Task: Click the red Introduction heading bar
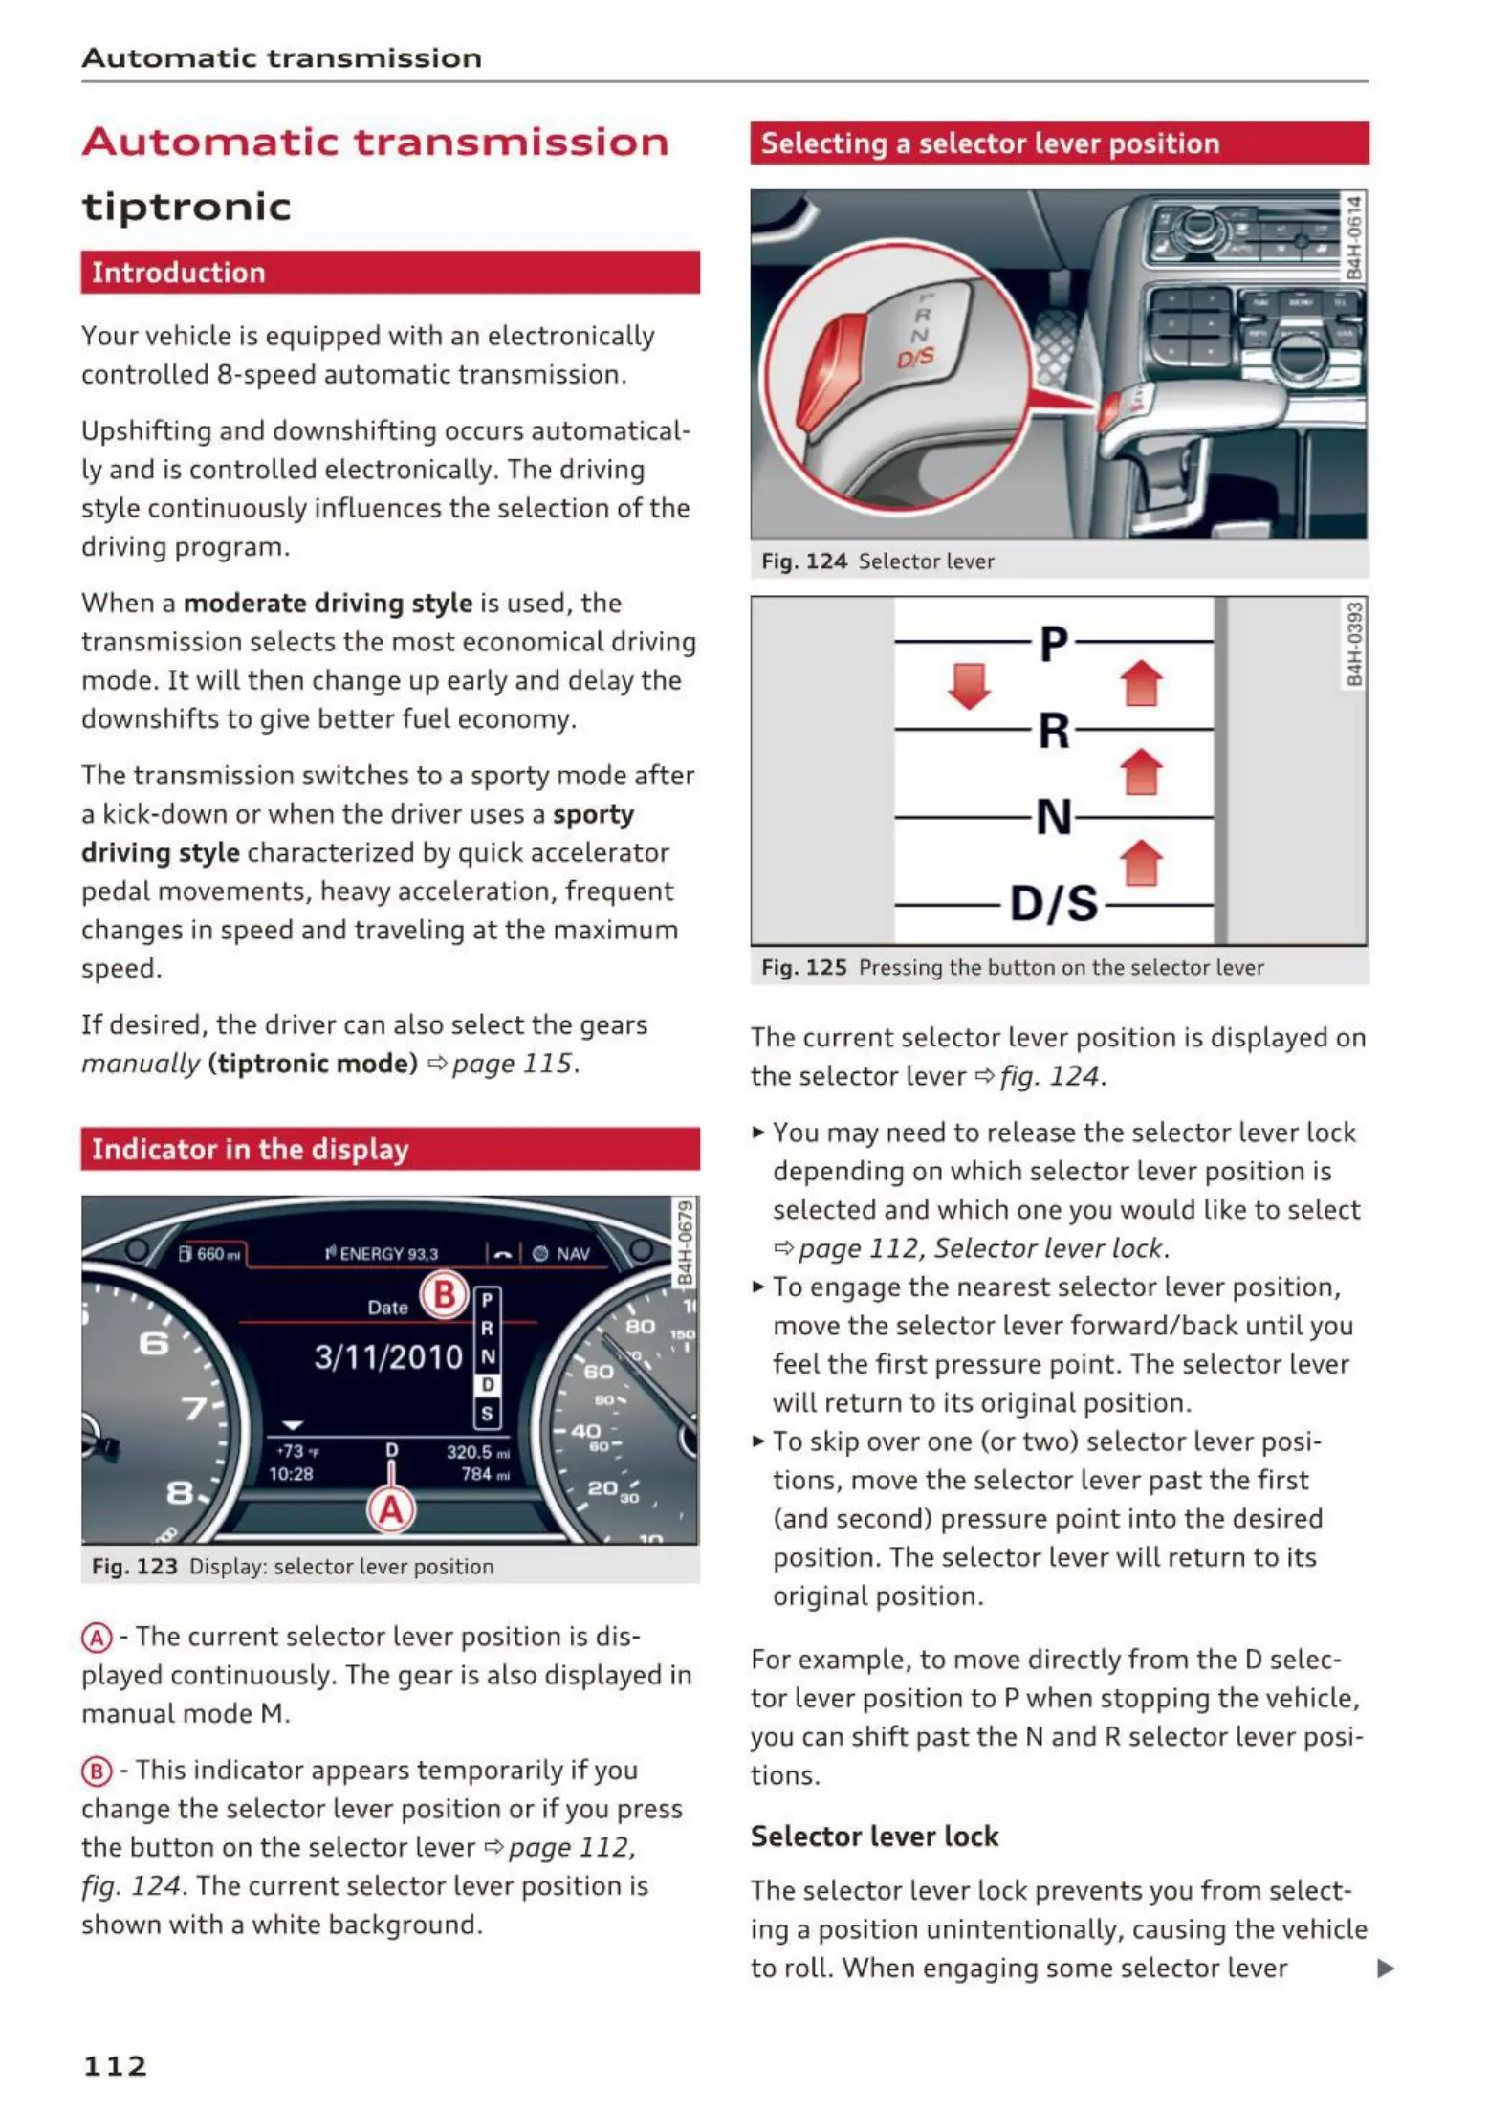pos(389,273)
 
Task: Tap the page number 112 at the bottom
pos(116,2066)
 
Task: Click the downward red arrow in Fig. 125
pos(969,686)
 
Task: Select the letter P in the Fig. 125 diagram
pos(1053,643)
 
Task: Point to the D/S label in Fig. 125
pos(1054,903)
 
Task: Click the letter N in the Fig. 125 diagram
pos(1054,817)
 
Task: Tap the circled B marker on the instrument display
pos(445,1295)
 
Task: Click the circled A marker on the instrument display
pos(392,1510)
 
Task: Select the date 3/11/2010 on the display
pos(388,1357)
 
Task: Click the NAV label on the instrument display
pos(573,1254)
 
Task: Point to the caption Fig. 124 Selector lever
pos(877,561)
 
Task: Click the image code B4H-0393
pos(1354,644)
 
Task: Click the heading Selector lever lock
pos(874,1837)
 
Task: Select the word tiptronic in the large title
pos(186,208)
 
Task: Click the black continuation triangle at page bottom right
pos(1385,1969)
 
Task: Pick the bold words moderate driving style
pos(327,604)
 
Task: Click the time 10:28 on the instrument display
pos(291,1474)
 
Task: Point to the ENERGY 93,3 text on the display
pos(383,1254)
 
